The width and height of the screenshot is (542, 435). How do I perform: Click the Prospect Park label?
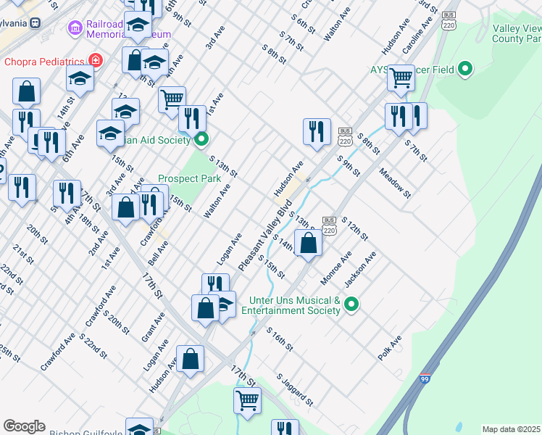(189, 178)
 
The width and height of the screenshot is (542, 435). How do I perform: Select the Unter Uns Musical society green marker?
(351, 304)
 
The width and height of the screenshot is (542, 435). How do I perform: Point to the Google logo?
(24, 426)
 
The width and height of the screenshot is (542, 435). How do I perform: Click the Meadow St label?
(395, 183)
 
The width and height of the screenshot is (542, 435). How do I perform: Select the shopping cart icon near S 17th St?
(248, 399)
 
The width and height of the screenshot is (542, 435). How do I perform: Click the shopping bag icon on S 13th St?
(309, 242)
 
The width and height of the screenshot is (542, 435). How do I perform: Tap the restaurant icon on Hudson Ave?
(317, 131)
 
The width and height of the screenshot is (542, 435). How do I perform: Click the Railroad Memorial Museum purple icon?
(75, 28)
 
